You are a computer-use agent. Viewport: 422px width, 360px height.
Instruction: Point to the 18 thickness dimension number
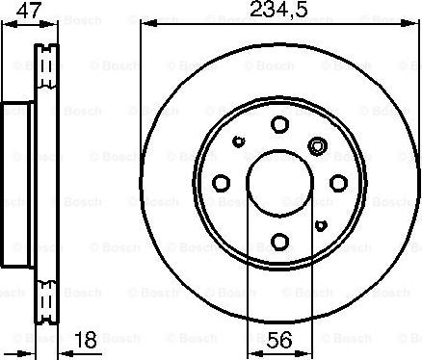88,340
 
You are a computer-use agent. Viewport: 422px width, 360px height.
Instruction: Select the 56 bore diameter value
279,340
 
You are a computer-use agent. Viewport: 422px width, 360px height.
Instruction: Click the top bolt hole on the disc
279,123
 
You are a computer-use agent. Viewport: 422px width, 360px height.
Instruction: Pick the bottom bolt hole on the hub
279,241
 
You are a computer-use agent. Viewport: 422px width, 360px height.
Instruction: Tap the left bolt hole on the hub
221,182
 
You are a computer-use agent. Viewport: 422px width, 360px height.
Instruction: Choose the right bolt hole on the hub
338,182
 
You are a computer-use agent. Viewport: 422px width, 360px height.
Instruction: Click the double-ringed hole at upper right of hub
317,146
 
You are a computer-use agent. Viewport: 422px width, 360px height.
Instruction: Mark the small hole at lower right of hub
320,223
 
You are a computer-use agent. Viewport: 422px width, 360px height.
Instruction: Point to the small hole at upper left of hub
240,141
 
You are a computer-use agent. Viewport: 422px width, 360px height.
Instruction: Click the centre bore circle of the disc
279,182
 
